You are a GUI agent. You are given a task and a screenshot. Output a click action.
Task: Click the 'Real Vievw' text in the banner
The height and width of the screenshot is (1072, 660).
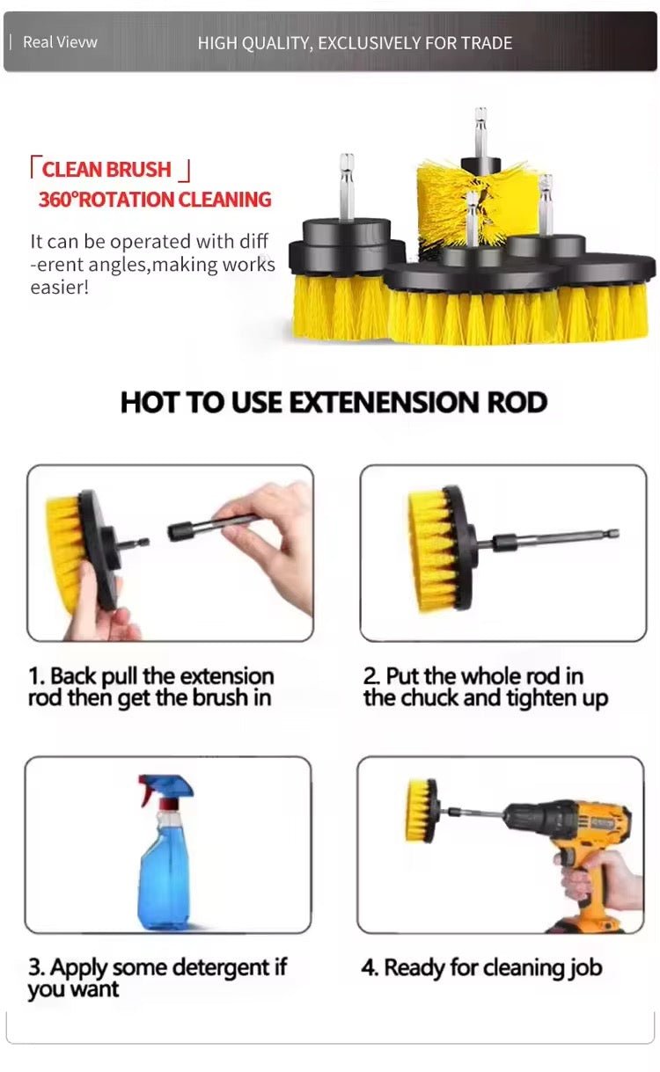click(x=60, y=42)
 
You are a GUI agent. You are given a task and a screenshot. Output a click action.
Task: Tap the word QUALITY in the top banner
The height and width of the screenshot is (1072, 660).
click(x=276, y=43)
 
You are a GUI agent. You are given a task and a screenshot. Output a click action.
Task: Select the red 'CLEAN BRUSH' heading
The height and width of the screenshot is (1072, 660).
click(x=106, y=170)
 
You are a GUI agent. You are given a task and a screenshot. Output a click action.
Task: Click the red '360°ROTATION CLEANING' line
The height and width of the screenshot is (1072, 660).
click(x=155, y=200)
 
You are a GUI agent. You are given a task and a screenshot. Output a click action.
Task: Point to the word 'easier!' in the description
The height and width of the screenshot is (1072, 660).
click(x=59, y=288)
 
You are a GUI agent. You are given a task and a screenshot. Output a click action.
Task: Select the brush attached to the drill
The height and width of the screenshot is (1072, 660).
click(x=421, y=810)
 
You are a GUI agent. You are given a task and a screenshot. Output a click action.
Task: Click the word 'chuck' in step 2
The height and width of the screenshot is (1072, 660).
click(x=429, y=698)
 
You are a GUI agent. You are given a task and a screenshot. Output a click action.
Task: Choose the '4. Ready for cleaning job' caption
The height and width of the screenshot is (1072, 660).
click(x=481, y=967)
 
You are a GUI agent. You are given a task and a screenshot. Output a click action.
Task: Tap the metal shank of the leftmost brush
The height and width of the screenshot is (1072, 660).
click(x=347, y=186)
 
